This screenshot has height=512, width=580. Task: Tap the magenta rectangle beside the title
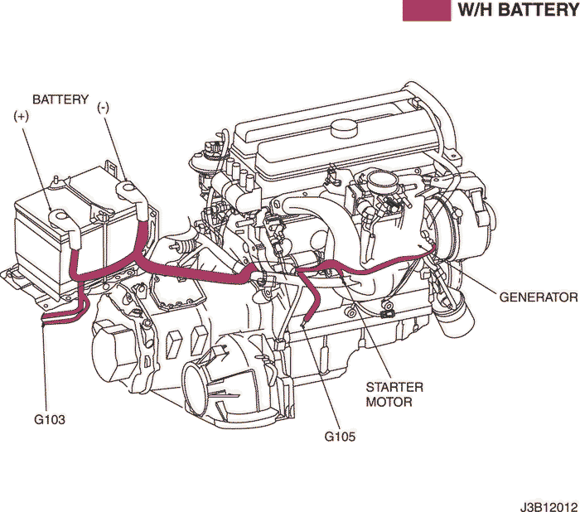coord(426,10)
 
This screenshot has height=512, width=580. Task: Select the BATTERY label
coord(60,99)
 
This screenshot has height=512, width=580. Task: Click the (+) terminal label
coord(22,116)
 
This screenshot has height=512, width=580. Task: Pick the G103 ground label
coord(50,420)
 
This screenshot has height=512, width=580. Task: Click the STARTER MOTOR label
coord(394,394)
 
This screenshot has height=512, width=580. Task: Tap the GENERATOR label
coord(538,297)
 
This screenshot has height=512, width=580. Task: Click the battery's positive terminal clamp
coord(60,216)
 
